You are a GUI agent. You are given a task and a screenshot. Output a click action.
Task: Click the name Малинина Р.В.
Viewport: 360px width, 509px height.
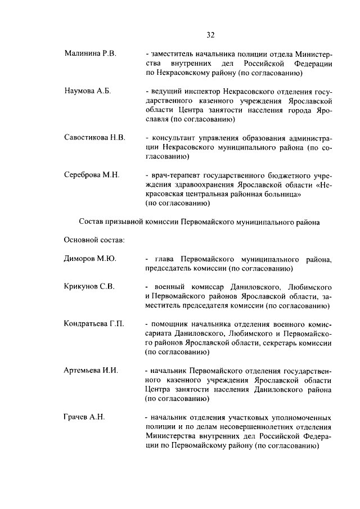pyautogui.click(x=90, y=53)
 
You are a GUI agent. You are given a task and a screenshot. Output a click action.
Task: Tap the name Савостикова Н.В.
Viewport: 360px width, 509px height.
pyautogui.click(x=94, y=137)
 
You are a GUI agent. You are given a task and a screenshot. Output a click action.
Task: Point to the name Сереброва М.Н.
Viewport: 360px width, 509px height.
pyautogui.click(x=92, y=174)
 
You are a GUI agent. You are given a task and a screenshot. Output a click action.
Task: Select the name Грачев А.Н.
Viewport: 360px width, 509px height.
pyautogui.click(x=84, y=417)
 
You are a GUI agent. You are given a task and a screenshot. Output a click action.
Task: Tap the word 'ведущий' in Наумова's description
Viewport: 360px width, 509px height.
pyautogui.click(x=164, y=91)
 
